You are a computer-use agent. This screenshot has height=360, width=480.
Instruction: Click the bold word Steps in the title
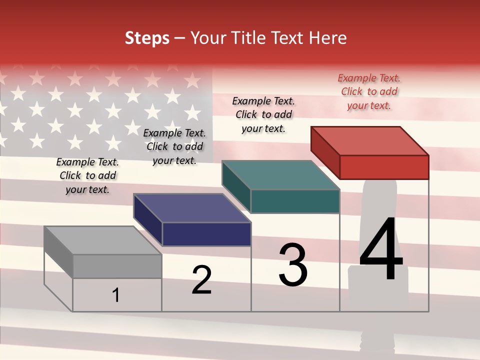pyautogui.click(x=147, y=38)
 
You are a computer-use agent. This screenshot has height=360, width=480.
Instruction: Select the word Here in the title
pyautogui.click(x=327, y=38)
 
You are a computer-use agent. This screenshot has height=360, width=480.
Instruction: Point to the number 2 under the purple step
pyautogui.click(x=201, y=279)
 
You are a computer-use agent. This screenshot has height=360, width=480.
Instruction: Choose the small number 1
pyautogui.click(x=116, y=295)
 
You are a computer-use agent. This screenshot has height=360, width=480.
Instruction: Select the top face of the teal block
pyautogui.click(x=281, y=175)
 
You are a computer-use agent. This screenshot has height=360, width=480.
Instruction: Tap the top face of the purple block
pyautogui.click(x=192, y=208)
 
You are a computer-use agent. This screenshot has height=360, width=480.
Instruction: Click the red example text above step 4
pyautogui.click(x=369, y=92)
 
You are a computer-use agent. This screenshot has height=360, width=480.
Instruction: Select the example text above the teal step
pyautogui.click(x=263, y=115)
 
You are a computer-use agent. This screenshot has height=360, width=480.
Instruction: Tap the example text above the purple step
pyautogui.click(x=174, y=147)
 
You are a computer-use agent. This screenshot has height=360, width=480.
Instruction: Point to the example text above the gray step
pyautogui.click(x=87, y=176)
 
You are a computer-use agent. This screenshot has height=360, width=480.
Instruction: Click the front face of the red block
pyautogui.click(x=384, y=167)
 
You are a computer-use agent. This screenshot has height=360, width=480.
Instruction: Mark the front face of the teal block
pyautogui.click(x=295, y=201)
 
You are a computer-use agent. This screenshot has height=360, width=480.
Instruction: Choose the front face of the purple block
pyautogui.click(x=206, y=234)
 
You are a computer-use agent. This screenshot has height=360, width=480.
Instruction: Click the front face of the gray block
pyautogui.click(x=117, y=266)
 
